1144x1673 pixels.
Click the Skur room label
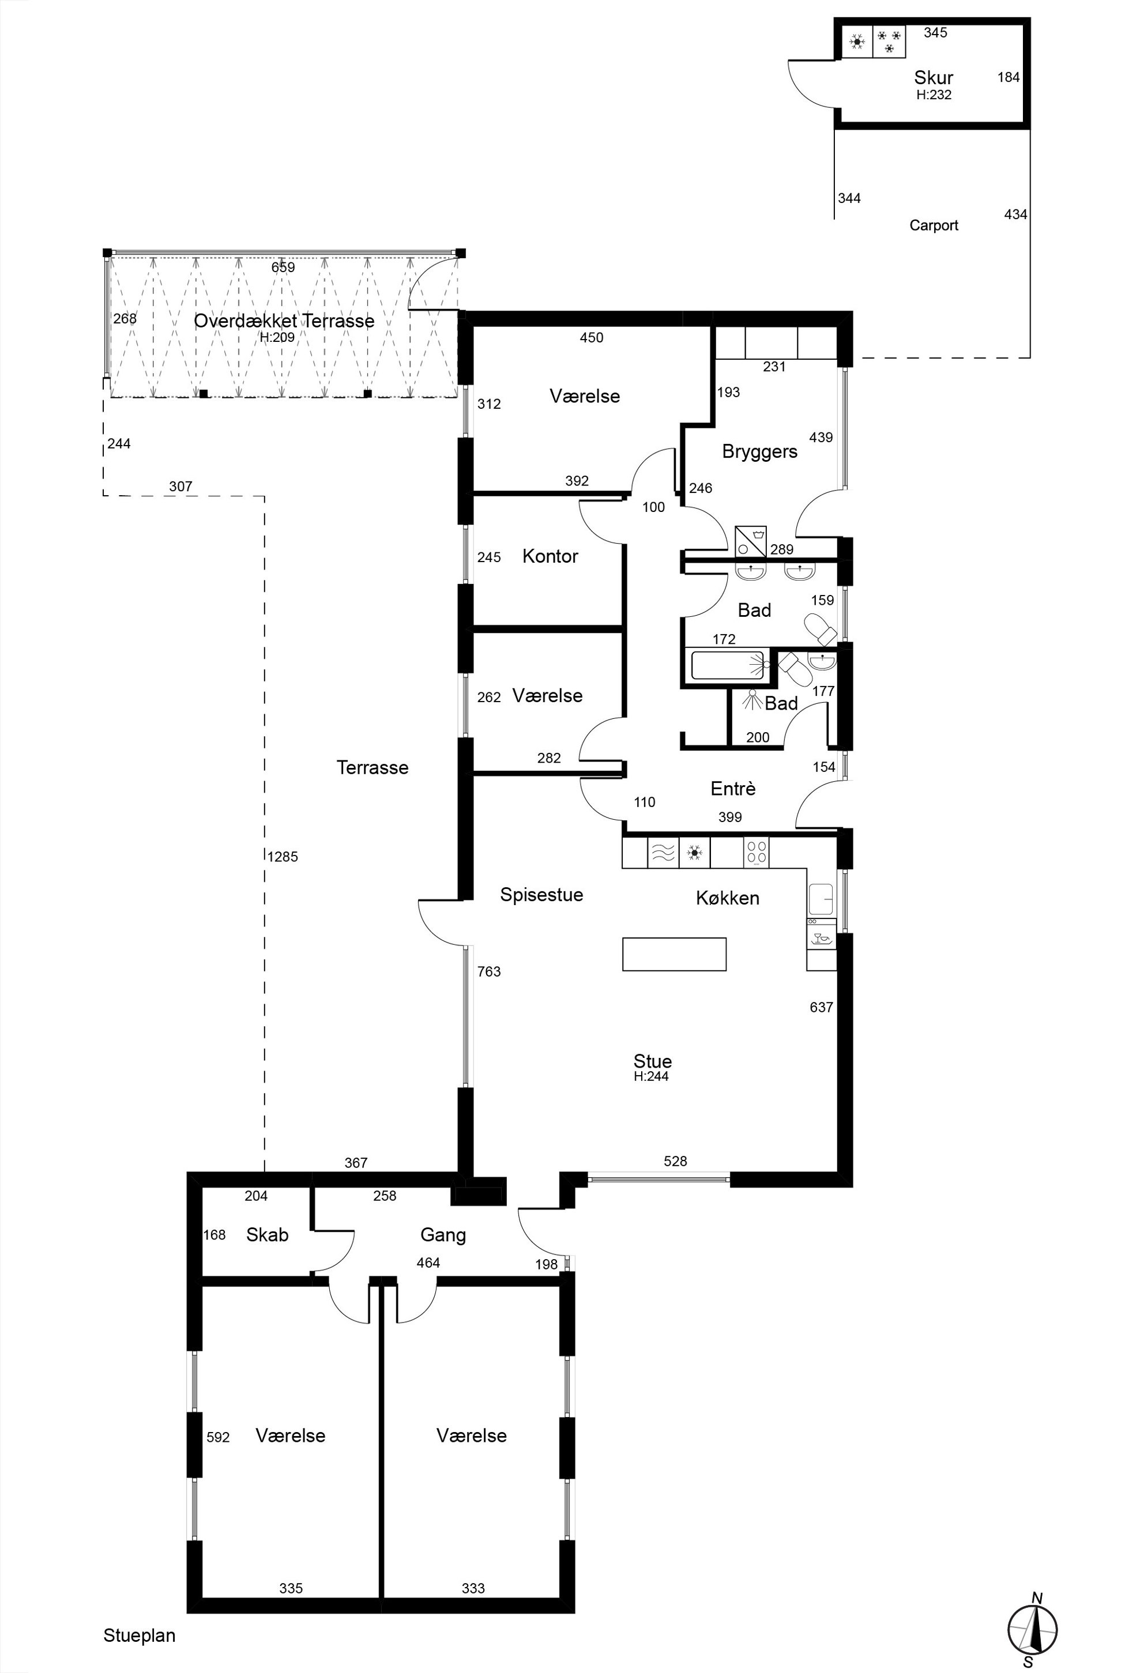click(934, 77)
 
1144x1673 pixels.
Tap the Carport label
click(934, 225)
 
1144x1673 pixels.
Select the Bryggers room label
click(759, 451)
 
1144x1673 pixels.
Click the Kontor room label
click(550, 556)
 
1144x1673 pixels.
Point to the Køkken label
click(728, 898)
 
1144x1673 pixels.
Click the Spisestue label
click(541, 895)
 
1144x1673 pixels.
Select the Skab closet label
click(267, 1235)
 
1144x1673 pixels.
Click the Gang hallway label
click(443, 1235)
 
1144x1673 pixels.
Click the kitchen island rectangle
click(674, 954)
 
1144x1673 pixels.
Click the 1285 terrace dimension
click(282, 857)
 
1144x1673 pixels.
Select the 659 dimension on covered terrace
click(283, 267)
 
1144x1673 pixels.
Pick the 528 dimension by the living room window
click(675, 1161)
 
